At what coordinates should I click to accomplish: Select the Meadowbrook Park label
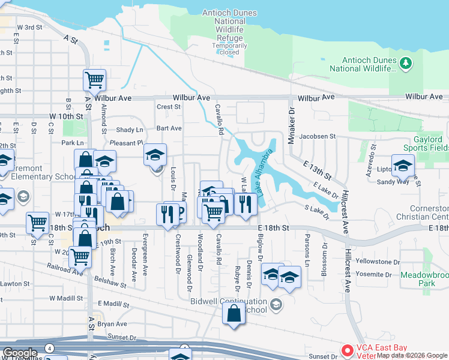point(425,279)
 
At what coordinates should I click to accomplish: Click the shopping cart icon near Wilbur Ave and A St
point(95,80)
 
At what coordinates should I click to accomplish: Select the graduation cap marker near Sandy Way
point(403,165)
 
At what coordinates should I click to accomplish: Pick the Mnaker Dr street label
point(292,122)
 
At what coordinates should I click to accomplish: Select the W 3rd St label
point(30,28)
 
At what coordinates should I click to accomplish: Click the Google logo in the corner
point(19,353)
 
